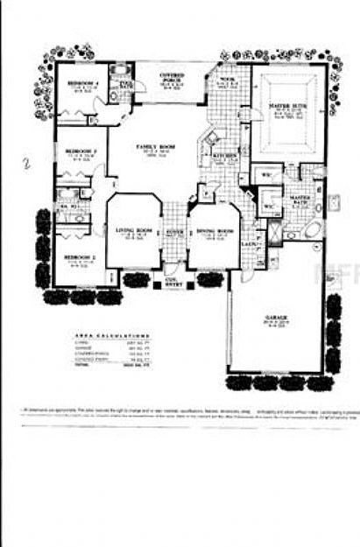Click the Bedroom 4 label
tap(83, 84)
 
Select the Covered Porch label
tap(171, 77)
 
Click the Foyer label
tap(174, 232)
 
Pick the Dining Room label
tap(213, 231)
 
